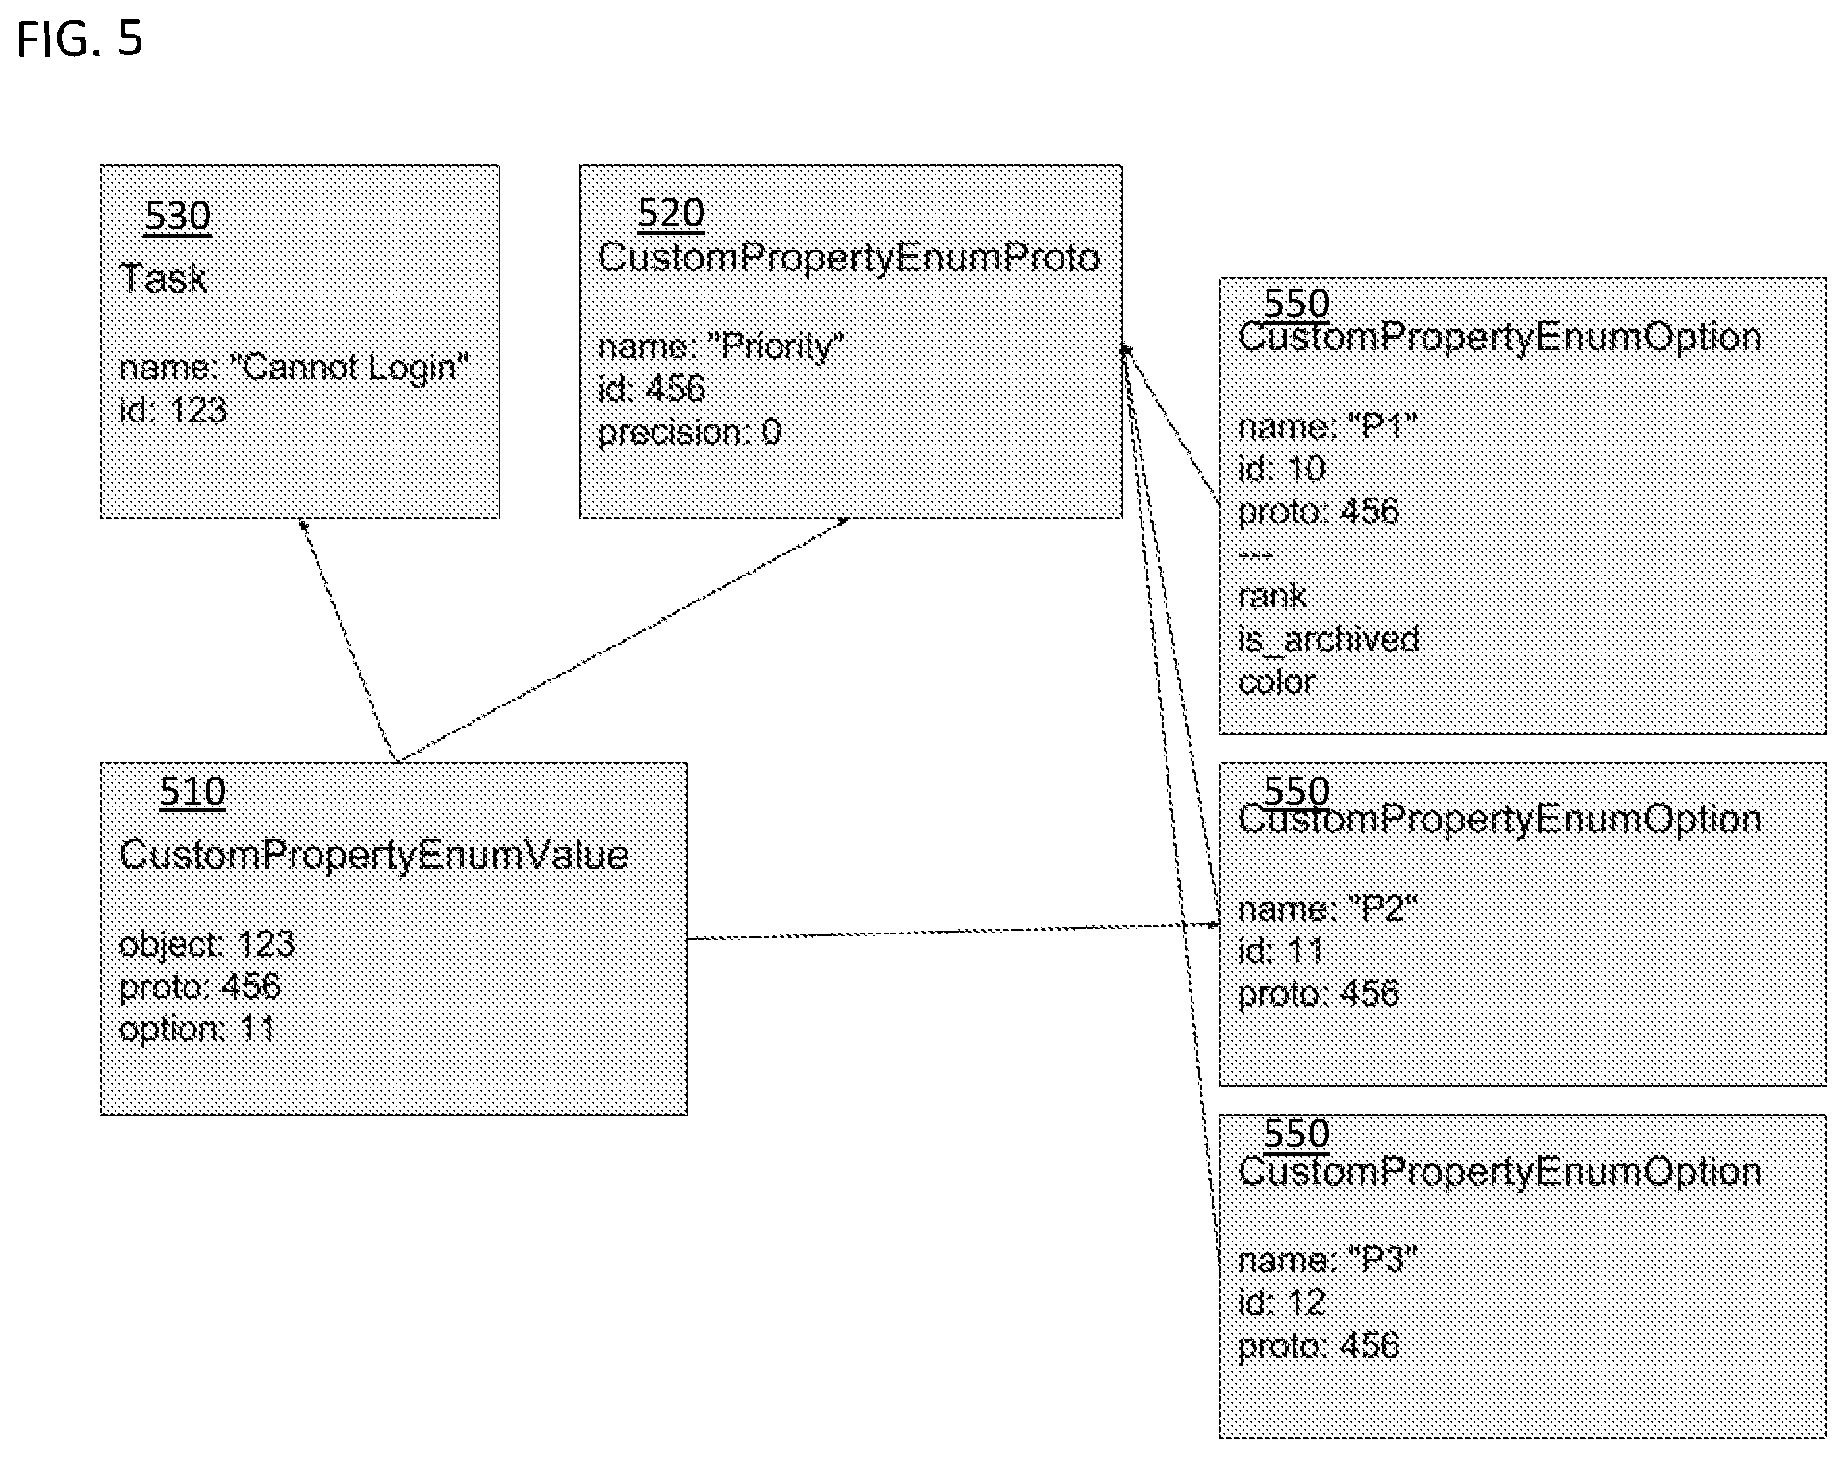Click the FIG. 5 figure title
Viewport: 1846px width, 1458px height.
[80, 39]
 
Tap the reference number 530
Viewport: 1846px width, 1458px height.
[177, 215]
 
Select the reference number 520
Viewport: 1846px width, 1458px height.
[671, 213]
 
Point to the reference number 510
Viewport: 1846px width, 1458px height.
[192, 791]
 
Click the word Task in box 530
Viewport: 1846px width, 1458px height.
[164, 278]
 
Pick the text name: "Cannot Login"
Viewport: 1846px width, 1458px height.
[294, 367]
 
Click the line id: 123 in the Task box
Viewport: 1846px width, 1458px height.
[173, 411]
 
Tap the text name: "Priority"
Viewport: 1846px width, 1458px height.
[721, 345]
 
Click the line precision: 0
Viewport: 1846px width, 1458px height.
[689, 432]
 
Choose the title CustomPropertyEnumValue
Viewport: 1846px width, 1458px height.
[373, 855]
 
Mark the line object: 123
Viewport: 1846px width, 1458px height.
[207, 944]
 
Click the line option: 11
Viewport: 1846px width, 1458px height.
[197, 1030]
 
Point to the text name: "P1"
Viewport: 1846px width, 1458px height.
[1327, 425]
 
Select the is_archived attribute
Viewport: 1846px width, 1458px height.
[1328, 639]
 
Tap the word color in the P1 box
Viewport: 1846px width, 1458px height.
[1276, 681]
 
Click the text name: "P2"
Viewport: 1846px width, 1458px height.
[1327, 908]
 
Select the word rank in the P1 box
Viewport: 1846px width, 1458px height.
[1272, 597]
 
